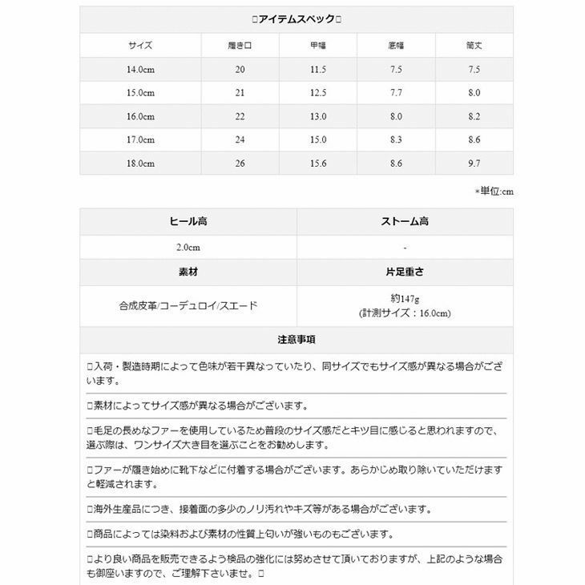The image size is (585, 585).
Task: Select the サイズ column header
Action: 140,46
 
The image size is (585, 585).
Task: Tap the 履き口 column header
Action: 240,46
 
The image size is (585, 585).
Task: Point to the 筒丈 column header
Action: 474,46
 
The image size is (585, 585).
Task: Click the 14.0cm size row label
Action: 140,70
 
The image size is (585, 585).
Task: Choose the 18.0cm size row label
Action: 140,163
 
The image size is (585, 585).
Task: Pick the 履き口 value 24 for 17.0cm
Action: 240,139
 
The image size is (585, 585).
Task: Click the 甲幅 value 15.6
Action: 318,163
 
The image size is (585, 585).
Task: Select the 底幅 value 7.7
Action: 396,93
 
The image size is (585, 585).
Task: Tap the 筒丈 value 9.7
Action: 474,163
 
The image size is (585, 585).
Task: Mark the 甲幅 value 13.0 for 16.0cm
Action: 318,116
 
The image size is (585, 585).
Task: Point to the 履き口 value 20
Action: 240,70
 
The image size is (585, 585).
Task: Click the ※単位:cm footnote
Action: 494,192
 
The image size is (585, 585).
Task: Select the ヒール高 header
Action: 188,221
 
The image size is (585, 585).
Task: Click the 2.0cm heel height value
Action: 188,247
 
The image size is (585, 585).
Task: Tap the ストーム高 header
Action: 405,221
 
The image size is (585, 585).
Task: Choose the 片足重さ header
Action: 405,272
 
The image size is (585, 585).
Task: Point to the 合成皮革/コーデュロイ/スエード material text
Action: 188,305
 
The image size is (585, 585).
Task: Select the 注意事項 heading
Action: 297,340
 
